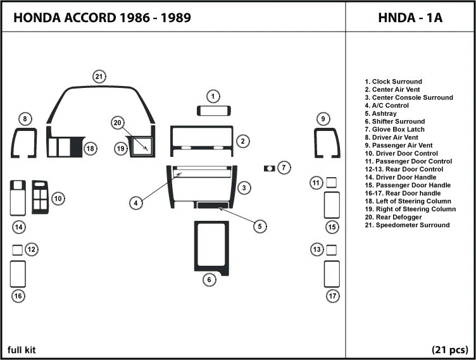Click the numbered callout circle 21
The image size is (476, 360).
[x=99, y=77]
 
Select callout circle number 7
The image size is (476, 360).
[x=284, y=168]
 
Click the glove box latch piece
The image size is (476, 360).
[x=270, y=168]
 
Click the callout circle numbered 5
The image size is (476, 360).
[x=258, y=226]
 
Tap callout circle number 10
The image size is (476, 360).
[x=57, y=199]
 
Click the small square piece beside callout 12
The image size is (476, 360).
[x=17, y=249]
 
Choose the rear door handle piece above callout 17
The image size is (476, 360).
[x=332, y=274]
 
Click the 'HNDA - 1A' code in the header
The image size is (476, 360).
[x=410, y=18]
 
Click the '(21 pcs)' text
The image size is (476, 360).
[x=449, y=350]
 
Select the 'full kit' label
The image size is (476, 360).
[x=21, y=350]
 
